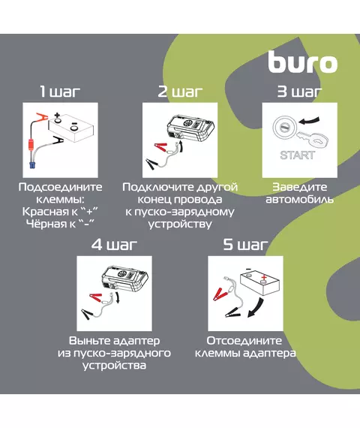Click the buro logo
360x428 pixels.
point(303,62)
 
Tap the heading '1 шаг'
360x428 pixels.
point(60,92)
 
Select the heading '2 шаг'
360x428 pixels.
point(180,92)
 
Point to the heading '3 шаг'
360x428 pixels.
point(299,92)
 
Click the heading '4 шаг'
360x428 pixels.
point(114,245)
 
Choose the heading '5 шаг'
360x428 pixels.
point(245,245)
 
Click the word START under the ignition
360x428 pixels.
point(297,155)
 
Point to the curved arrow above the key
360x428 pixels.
point(308,121)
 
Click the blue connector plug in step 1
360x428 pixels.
point(33,165)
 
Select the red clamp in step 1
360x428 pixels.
point(41,118)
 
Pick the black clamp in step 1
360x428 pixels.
point(58,140)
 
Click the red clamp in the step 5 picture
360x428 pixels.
point(220,294)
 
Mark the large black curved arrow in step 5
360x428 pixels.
point(256,308)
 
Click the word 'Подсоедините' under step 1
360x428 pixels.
point(60,187)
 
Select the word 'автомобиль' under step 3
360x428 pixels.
point(299,200)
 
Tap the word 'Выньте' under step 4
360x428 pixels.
point(90,341)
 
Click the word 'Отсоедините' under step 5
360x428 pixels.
point(244,341)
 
